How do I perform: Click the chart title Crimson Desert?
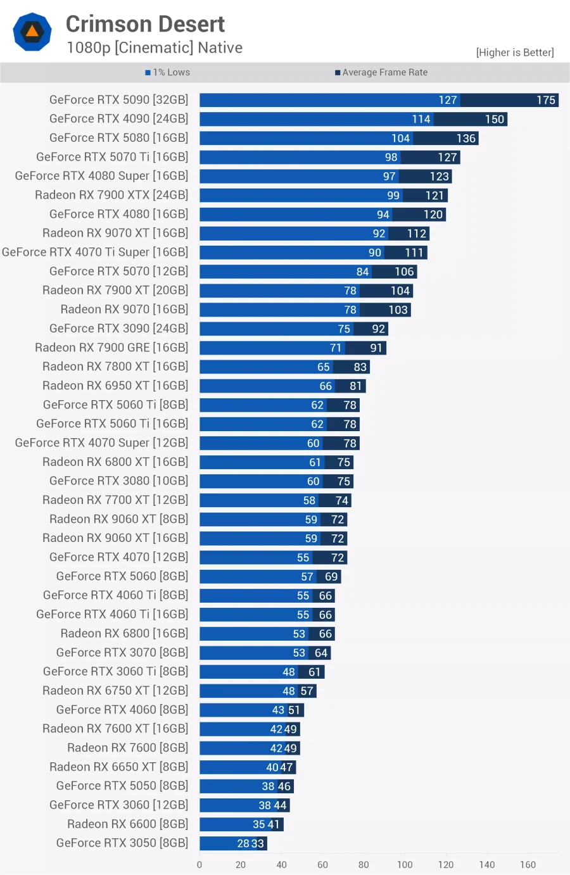pyautogui.click(x=145, y=24)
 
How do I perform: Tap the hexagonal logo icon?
pyautogui.click(x=32, y=32)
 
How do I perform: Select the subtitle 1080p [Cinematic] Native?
pyautogui.click(x=155, y=48)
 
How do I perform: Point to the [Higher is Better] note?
pyautogui.click(x=514, y=53)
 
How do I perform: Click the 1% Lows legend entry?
pyautogui.click(x=168, y=73)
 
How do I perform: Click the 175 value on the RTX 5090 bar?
pyautogui.click(x=545, y=100)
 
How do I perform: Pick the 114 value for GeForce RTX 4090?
pyautogui.click(x=421, y=119)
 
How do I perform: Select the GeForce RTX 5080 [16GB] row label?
pyautogui.click(x=118, y=138)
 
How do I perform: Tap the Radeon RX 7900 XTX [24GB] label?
pyautogui.click(x=111, y=195)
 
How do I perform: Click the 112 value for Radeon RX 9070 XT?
pyautogui.click(x=416, y=234)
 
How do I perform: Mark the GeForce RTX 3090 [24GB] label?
pyautogui.click(x=118, y=329)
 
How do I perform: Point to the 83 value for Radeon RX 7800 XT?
pyautogui.click(x=360, y=367)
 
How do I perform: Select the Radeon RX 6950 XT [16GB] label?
pyautogui.click(x=115, y=386)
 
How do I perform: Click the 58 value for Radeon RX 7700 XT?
pyautogui.click(x=309, y=501)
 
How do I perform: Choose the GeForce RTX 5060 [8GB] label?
pyautogui.click(x=122, y=576)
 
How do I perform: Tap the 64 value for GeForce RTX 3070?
pyautogui.click(x=321, y=653)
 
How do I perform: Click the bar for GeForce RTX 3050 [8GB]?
pyautogui.click(x=232, y=843)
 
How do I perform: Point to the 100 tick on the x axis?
pyautogui.click(x=405, y=865)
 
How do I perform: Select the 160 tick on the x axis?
pyautogui.click(x=528, y=865)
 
